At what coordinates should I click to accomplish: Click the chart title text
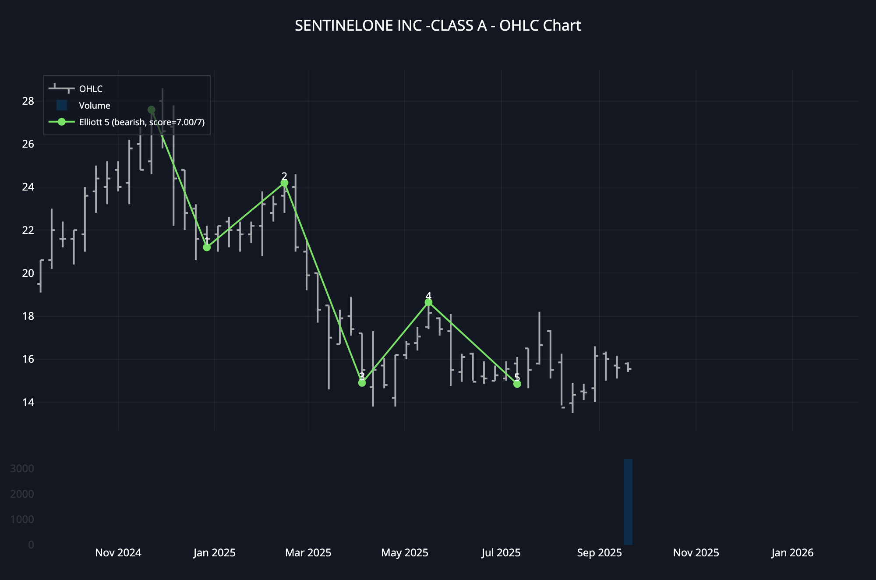pyautogui.click(x=438, y=26)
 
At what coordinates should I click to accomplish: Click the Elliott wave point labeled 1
pyautogui.click(x=207, y=248)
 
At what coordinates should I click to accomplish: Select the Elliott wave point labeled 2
pyautogui.click(x=284, y=183)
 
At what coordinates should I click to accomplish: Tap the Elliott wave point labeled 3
pyautogui.click(x=362, y=383)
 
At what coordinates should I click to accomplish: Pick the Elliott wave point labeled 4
pyautogui.click(x=428, y=302)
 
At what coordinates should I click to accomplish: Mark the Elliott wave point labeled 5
pyautogui.click(x=517, y=384)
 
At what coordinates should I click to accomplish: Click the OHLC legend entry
pyautogui.click(x=91, y=89)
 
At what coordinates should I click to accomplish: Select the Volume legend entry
pyautogui.click(x=94, y=106)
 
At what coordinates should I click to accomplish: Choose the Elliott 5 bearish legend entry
pyautogui.click(x=141, y=122)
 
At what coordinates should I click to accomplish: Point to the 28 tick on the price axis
pyautogui.click(x=28, y=101)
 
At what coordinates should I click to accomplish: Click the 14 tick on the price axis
pyautogui.click(x=28, y=402)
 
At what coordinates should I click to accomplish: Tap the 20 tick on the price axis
pyautogui.click(x=28, y=273)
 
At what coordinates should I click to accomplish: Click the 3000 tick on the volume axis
pyautogui.click(x=22, y=469)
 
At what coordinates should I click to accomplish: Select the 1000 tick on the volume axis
pyautogui.click(x=22, y=520)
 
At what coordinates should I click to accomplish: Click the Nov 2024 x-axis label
pyautogui.click(x=118, y=553)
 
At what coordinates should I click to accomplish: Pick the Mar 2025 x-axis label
pyautogui.click(x=308, y=553)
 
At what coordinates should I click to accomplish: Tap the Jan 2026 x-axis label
pyautogui.click(x=792, y=553)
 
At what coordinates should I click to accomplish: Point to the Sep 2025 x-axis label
pyautogui.click(x=599, y=553)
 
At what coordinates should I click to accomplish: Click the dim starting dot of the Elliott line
pyautogui.click(x=152, y=110)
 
